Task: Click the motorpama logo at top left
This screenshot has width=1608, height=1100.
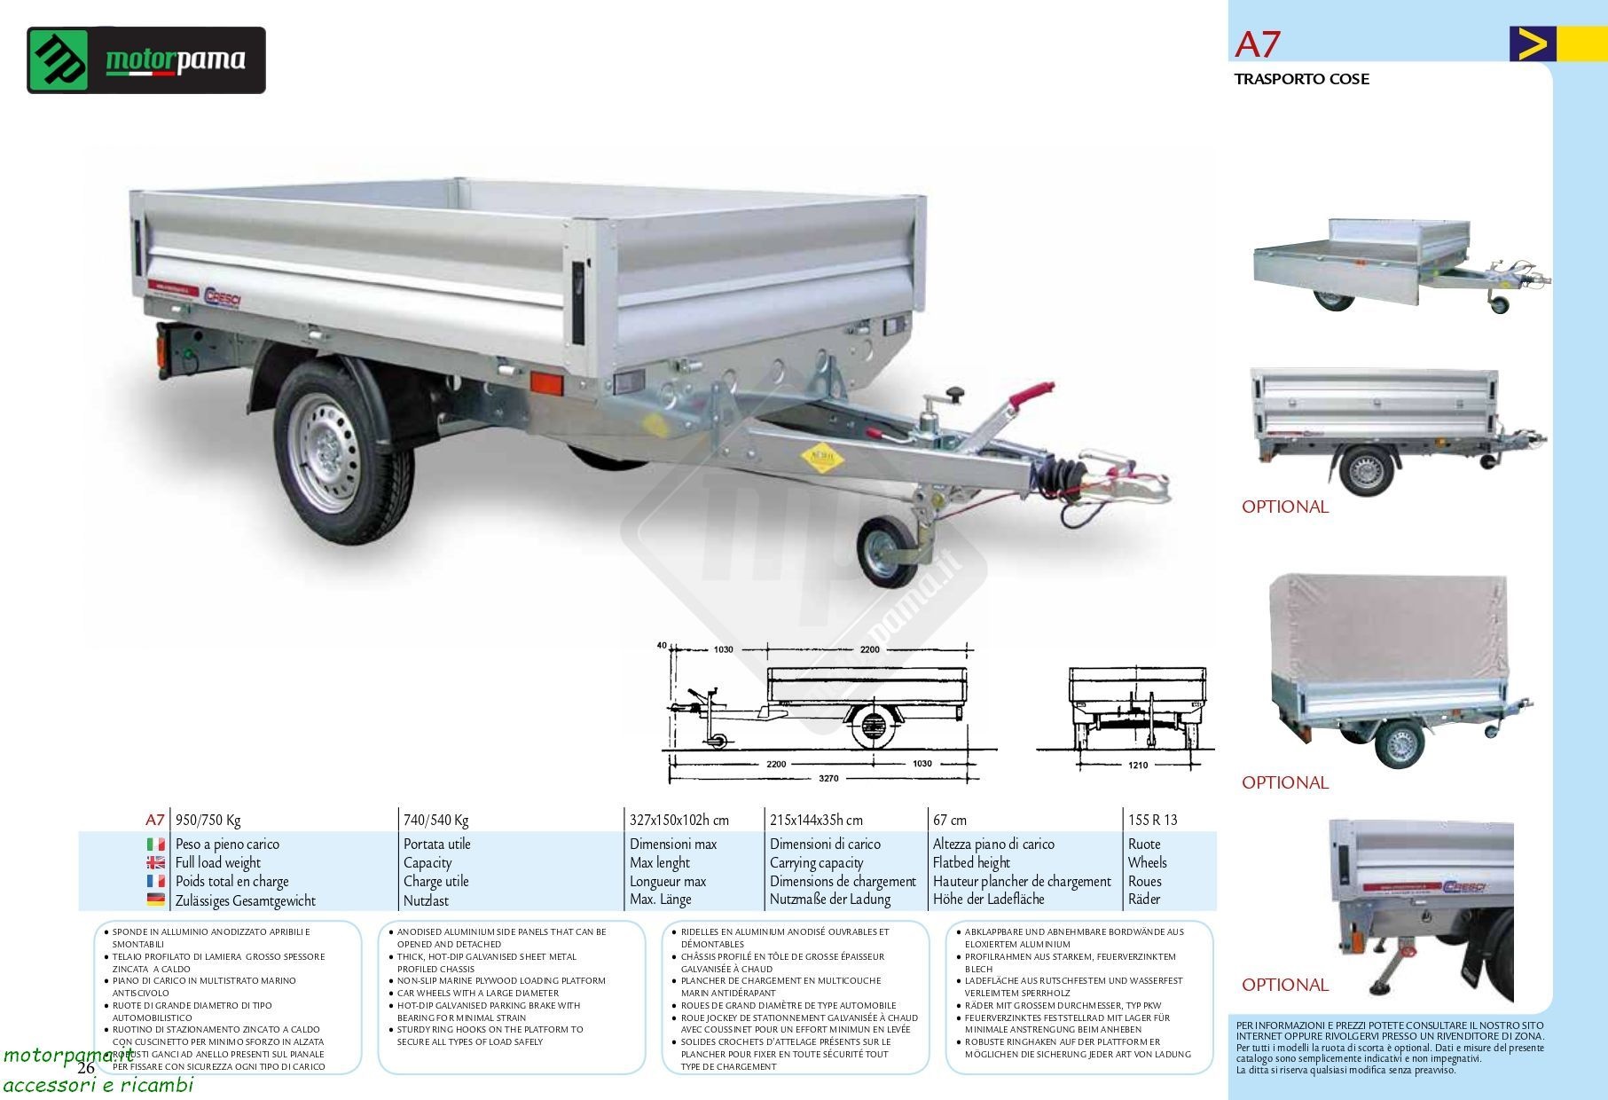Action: [x=146, y=60]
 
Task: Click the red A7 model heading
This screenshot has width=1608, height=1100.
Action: [x=1258, y=44]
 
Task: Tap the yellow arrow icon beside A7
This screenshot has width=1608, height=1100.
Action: [x=1532, y=44]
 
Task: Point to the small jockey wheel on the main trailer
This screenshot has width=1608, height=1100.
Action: [x=886, y=551]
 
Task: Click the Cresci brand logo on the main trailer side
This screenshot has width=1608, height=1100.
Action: [x=223, y=295]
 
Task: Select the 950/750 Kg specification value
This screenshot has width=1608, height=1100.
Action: [x=208, y=820]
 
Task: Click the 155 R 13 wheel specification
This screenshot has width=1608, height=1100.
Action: [x=1152, y=820]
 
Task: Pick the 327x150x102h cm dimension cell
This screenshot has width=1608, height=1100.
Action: [x=678, y=820]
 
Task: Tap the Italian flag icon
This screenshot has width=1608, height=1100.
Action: [x=155, y=845]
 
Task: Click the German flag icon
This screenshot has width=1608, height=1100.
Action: [x=155, y=900]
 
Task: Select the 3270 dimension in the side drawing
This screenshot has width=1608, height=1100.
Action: [x=828, y=778]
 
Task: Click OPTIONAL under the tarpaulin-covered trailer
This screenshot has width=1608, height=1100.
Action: [x=1284, y=782]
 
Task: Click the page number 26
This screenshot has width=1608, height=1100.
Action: [x=85, y=1067]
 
